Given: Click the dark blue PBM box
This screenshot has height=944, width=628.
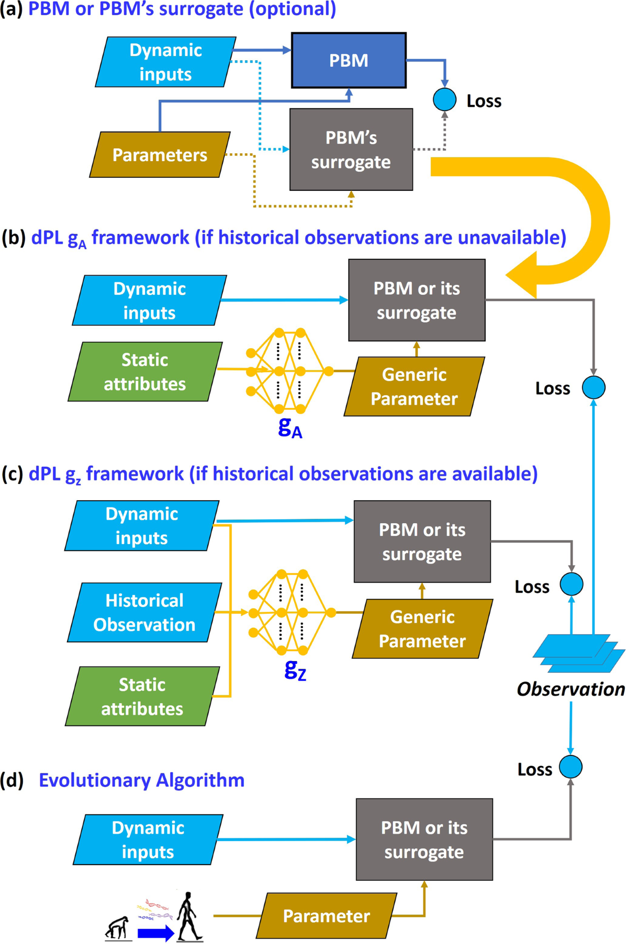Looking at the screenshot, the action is pyautogui.click(x=349, y=60).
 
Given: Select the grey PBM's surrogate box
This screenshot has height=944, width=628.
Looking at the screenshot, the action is pyautogui.click(x=351, y=149).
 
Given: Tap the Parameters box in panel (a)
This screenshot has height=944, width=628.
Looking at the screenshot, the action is pyautogui.click(x=160, y=155).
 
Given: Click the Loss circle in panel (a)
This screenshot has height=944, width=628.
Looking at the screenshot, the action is pyautogui.click(x=445, y=99).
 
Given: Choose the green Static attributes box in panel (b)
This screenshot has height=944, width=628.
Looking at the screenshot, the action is pyautogui.click(x=145, y=372).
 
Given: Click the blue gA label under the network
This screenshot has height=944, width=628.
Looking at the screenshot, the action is pyautogui.click(x=290, y=427).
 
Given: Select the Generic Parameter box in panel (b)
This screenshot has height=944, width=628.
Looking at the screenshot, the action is pyautogui.click(x=414, y=386).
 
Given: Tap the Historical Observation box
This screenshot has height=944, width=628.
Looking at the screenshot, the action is pyautogui.click(x=144, y=612).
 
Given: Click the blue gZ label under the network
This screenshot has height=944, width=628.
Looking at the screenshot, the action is pyautogui.click(x=295, y=669).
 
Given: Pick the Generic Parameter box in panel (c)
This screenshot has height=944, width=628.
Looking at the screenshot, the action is pyautogui.click(x=422, y=628).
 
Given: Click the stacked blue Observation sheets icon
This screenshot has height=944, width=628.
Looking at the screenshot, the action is pyautogui.click(x=579, y=653).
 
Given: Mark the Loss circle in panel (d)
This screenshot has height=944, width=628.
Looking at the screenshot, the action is pyautogui.click(x=570, y=767).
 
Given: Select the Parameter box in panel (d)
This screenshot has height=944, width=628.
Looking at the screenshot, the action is pyautogui.click(x=327, y=915).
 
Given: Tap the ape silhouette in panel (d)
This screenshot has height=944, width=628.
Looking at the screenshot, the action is pyautogui.click(x=118, y=928).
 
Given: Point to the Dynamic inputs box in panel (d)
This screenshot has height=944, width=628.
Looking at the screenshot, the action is pyautogui.click(x=148, y=839).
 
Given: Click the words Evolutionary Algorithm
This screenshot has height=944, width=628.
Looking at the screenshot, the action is pyautogui.click(x=142, y=780).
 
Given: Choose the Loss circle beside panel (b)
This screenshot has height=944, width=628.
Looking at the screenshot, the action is pyautogui.click(x=594, y=387).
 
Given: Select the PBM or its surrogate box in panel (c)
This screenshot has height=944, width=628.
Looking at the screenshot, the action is pyautogui.click(x=422, y=542).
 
